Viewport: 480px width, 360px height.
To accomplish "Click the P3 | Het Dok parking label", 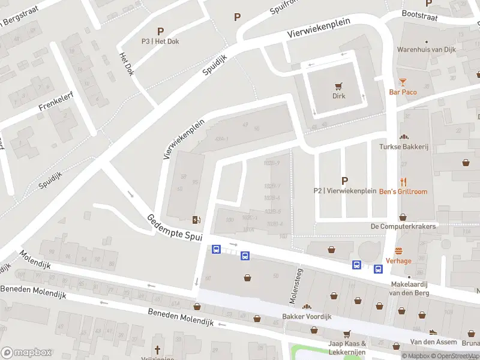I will pos(160,41).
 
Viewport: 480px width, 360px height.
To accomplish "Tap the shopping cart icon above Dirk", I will pos(340,86).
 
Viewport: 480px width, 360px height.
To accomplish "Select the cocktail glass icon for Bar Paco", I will pos(403,82).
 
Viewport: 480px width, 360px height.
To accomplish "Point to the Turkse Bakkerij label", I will pos(403,146).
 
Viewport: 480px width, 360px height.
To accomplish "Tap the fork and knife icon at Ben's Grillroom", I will pos(403,181).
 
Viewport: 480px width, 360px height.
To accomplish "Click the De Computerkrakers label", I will pos(403,226).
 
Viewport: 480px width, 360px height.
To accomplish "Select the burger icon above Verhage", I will pos(398,251).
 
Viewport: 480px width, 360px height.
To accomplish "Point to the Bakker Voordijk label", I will pos(307,316).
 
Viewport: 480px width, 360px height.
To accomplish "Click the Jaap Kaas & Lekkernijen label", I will pos(347,347).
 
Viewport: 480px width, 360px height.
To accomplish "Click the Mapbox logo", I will pos(26,353).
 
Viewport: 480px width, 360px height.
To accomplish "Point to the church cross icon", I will pos(158,349).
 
